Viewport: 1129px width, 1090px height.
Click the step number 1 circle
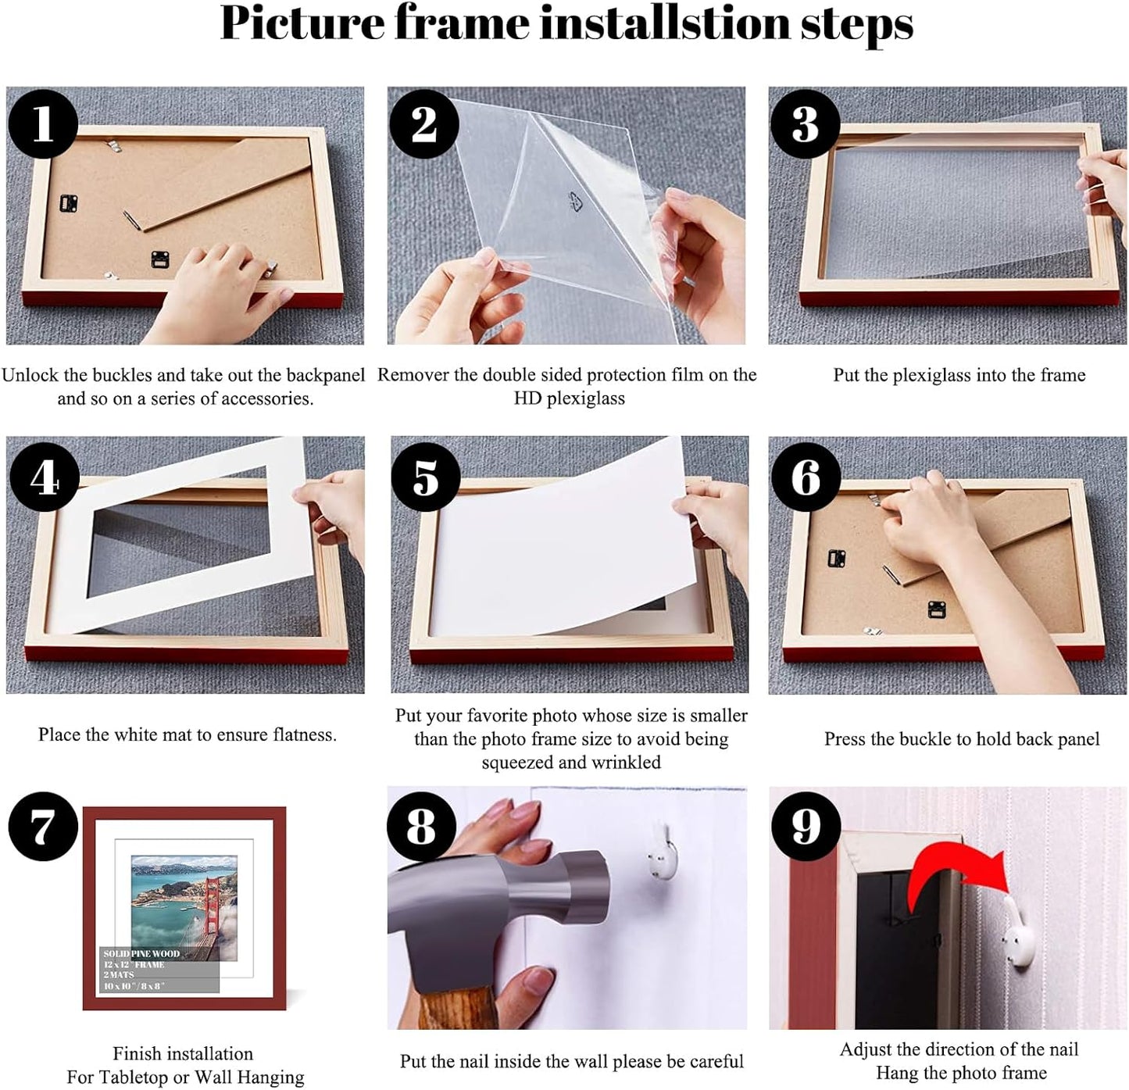coord(43,124)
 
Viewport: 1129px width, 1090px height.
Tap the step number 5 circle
coord(426,477)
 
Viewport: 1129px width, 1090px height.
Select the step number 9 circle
coord(806,826)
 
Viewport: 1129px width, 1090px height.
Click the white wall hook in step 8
coord(662,854)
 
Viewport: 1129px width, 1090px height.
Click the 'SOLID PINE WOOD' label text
coord(141,954)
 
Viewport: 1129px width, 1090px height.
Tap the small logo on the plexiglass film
coord(577,202)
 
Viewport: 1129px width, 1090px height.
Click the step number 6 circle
coord(806,477)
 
